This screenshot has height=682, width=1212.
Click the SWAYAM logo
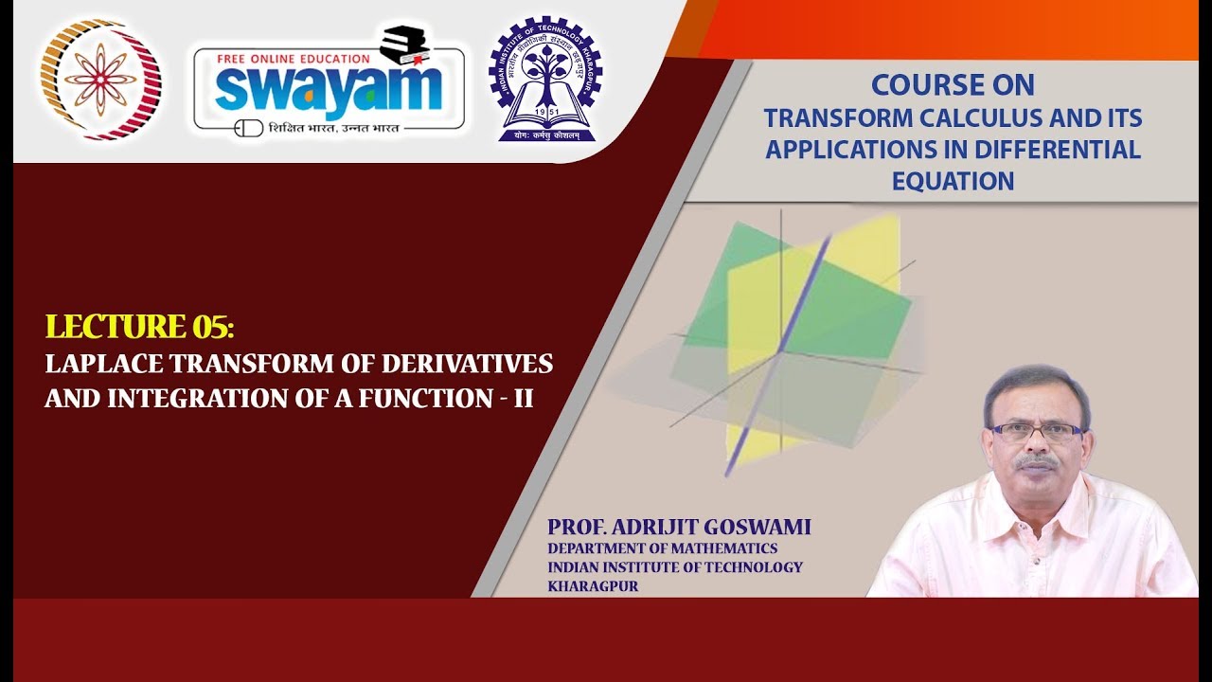(x=329, y=87)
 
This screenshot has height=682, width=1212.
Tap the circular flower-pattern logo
(x=100, y=81)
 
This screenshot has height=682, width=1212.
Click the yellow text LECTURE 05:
(x=139, y=327)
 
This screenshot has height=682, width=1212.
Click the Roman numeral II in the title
(x=523, y=399)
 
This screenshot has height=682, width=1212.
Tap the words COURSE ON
(x=953, y=85)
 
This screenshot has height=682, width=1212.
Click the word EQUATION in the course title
(x=953, y=181)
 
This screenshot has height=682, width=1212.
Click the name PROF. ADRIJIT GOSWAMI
(x=679, y=528)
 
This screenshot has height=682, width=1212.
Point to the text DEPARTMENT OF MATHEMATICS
(x=662, y=548)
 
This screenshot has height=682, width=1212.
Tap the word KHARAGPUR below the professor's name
(x=593, y=586)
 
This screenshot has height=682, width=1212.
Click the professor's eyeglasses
(x=1036, y=432)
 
